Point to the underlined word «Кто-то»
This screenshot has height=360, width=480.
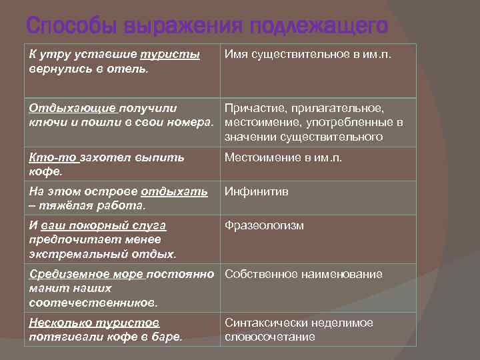coord(54,158)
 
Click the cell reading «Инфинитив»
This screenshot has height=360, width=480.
coord(256,192)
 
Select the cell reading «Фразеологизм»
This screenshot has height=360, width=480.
coord(264,225)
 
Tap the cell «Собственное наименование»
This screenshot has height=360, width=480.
coord(303,274)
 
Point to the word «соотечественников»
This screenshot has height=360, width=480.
coord(93,302)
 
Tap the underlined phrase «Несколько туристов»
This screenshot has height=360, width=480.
coord(94,323)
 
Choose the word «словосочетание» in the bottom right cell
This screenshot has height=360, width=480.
coord(269,337)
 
